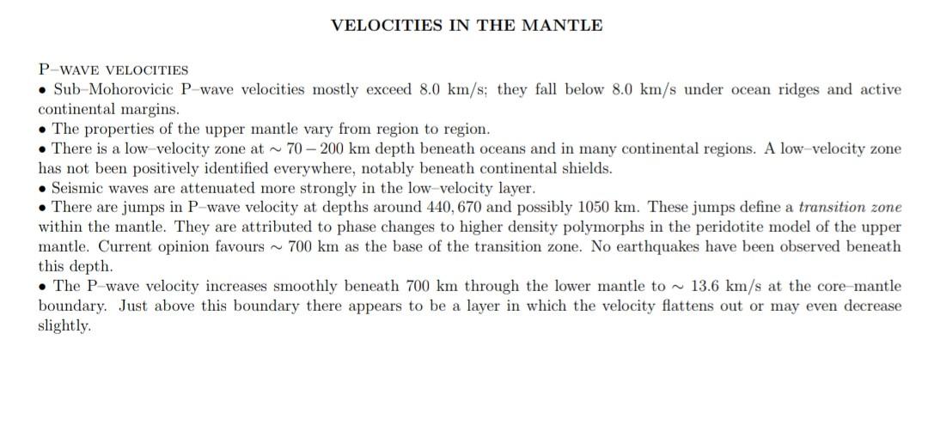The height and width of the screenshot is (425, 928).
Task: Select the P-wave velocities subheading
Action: pos(113,70)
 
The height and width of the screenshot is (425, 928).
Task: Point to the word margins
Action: pos(150,109)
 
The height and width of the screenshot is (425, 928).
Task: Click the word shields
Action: pos(588,168)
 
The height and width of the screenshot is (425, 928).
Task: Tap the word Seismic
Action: pos(77,188)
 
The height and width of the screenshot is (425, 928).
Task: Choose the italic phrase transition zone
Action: pos(850,207)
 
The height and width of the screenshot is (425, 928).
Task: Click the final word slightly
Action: pos(64,325)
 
